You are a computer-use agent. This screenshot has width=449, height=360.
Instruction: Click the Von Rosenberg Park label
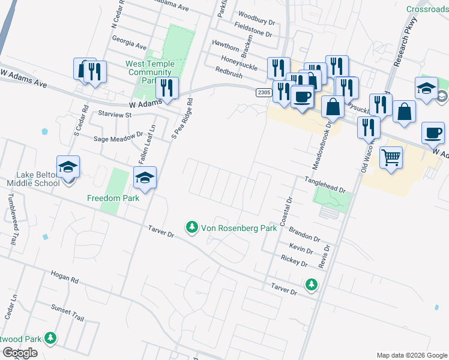(239, 228)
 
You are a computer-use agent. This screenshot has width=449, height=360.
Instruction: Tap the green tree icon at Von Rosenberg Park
(191, 227)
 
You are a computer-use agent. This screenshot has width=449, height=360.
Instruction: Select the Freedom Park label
(113, 198)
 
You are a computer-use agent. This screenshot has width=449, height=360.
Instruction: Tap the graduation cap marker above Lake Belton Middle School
(68, 167)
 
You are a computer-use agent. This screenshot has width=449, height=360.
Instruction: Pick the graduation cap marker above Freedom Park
(145, 178)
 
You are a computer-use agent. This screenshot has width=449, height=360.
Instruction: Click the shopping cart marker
(391, 157)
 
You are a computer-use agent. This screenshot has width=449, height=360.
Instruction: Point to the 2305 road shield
(264, 92)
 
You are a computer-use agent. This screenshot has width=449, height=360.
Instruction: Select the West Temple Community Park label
(150, 72)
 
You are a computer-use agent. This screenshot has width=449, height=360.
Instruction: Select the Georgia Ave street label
(129, 46)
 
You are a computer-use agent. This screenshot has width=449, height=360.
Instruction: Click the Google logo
(20, 353)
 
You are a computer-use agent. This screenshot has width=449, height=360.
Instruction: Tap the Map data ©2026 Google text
(411, 355)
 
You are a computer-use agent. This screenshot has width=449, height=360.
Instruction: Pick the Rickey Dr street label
(294, 262)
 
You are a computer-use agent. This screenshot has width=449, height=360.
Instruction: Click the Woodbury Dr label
(256, 14)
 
